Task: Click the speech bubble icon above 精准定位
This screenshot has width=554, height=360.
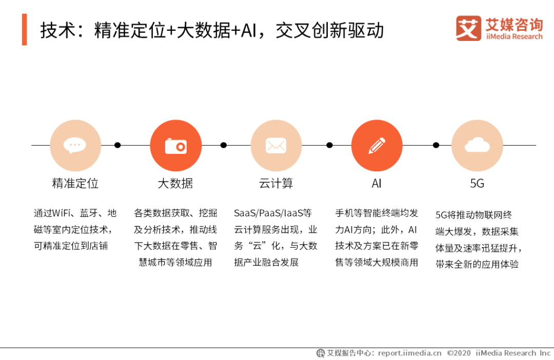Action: click(75, 145)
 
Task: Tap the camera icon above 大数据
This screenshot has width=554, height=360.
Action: click(176, 146)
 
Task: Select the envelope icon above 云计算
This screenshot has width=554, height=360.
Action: click(276, 145)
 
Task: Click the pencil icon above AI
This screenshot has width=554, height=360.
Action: click(377, 145)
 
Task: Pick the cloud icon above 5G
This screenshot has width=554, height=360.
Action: click(477, 145)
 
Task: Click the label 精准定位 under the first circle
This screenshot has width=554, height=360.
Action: click(75, 184)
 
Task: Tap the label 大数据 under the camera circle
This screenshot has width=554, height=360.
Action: click(175, 184)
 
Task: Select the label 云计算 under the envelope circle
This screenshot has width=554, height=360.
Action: click(276, 184)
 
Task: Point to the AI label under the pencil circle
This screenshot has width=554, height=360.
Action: click(377, 184)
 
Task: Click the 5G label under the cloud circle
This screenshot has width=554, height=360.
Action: click(477, 184)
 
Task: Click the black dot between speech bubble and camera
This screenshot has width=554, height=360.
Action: click(117, 145)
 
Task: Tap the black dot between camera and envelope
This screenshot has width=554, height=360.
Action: click(223, 145)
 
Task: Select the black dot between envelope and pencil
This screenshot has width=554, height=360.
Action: click(329, 145)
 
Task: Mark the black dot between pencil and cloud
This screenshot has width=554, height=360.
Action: click(436, 145)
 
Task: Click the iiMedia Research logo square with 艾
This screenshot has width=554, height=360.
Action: click(468, 28)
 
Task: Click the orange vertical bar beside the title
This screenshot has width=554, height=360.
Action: click(25, 30)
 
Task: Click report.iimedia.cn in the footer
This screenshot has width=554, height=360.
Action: click(409, 353)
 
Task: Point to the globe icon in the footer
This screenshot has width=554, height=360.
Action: click(321, 353)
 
